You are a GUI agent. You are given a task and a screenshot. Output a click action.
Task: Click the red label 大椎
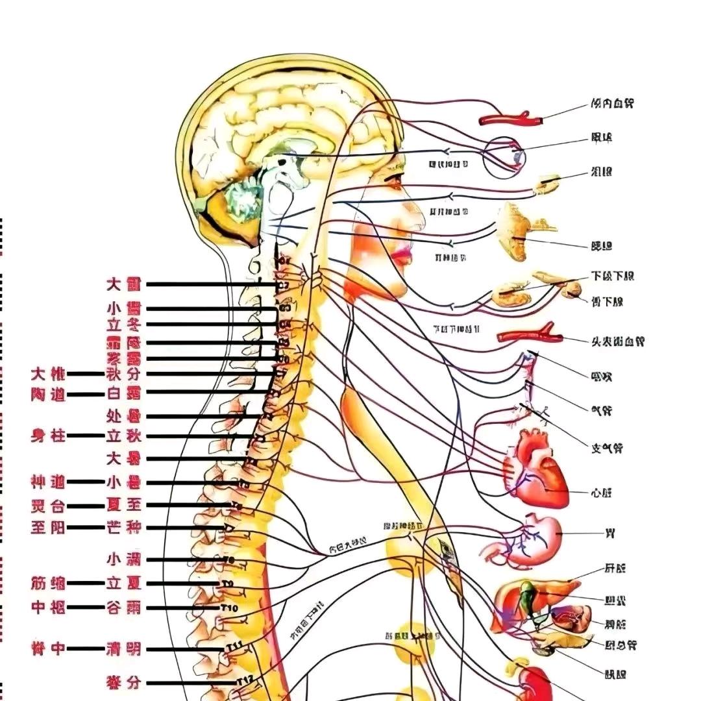(x=49, y=374)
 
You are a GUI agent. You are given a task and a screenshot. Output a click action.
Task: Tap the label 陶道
(x=49, y=393)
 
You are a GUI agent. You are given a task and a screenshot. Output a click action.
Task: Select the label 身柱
(x=49, y=436)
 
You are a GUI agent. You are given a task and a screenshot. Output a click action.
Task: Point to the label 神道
(x=49, y=482)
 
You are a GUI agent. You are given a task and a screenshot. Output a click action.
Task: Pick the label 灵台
(x=49, y=505)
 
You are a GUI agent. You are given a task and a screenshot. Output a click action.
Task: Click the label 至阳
(x=49, y=527)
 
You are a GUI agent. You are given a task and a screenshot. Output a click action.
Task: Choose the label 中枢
(x=49, y=608)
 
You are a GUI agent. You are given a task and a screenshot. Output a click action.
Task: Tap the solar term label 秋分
(x=123, y=374)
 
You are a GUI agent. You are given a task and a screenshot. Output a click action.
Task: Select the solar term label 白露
(x=123, y=393)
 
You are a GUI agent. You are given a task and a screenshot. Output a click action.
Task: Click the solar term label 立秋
(x=123, y=436)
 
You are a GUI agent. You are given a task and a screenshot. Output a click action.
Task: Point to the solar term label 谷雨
(x=123, y=608)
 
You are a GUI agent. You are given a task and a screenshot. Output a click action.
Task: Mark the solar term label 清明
(x=123, y=648)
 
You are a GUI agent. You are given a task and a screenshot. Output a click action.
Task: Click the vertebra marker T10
(x=230, y=608)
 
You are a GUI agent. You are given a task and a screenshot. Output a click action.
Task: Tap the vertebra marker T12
(x=244, y=681)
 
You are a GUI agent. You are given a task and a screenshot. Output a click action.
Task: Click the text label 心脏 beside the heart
(x=602, y=493)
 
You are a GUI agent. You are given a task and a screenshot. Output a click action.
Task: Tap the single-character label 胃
(x=609, y=534)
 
